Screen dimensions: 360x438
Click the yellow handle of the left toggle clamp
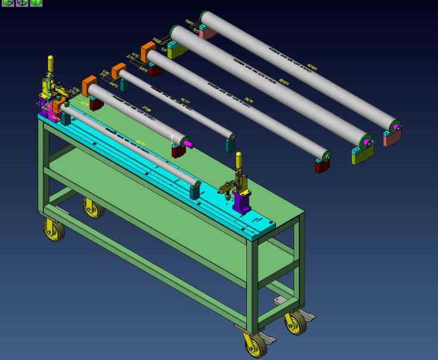click(x=51, y=63)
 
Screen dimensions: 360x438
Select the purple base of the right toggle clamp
click(x=243, y=202)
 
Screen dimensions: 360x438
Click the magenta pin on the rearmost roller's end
click(x=396, y=127)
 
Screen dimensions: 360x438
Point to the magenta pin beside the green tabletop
click(x=187, y=143)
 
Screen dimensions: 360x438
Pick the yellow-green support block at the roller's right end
click(x=362, y=154)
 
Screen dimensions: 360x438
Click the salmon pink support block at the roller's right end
click(x=392, y=138)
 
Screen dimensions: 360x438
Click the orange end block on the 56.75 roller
click(x=148, y=50)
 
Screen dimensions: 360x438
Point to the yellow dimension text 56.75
click(x=249, y=101)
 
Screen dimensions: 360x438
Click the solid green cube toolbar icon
click(x=36, y=2)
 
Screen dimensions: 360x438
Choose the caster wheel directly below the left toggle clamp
click(x=54, y=229)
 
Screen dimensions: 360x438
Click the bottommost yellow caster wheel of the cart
click(x=255, y=344)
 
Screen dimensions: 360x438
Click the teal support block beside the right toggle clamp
click(x=194, y=190)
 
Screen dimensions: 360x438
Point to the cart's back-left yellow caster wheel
click(x=92, y=208)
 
